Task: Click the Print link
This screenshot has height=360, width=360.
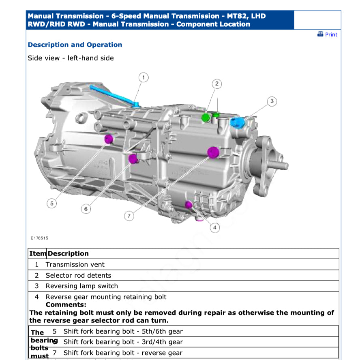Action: click(x=331, y=34)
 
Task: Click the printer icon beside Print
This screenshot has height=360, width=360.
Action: click(x=320, y=34)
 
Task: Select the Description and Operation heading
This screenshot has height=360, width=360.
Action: click(x=75, y=45)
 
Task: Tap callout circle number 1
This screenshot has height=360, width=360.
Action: click(x=144, y=77)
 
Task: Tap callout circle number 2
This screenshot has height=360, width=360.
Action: click(x=217, y=84)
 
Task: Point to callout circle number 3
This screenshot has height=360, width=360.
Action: click(x=272, y=101)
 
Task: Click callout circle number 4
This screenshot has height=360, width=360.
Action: click(x=214, y=228)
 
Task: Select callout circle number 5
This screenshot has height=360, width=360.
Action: click(x=51, y=204)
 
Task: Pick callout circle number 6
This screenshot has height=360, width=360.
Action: click(x=86, y=209)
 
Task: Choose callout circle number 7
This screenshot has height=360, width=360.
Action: click(x=129, y=216)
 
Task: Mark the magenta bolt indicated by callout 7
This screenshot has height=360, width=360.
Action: click(x=213, y=152)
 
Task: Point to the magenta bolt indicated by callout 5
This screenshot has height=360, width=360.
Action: click(x=109, y=139)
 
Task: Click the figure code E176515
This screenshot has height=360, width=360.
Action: click(x=39, y=238)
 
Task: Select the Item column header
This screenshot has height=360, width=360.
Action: click(x=38, y=254)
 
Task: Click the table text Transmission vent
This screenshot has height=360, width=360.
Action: click(x=75, y=265)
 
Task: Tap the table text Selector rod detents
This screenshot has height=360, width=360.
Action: click(x=78, y=276)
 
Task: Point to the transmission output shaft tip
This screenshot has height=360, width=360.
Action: click(x=285, y=165)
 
